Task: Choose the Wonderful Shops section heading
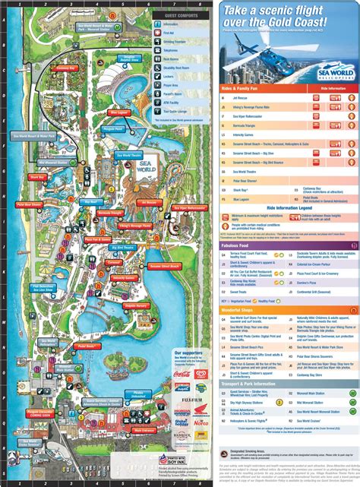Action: point(244,310)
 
